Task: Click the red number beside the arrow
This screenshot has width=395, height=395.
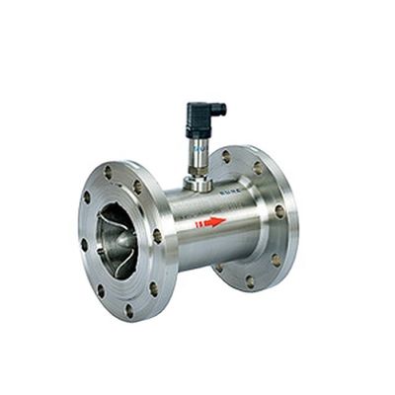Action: click(197, 224)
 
